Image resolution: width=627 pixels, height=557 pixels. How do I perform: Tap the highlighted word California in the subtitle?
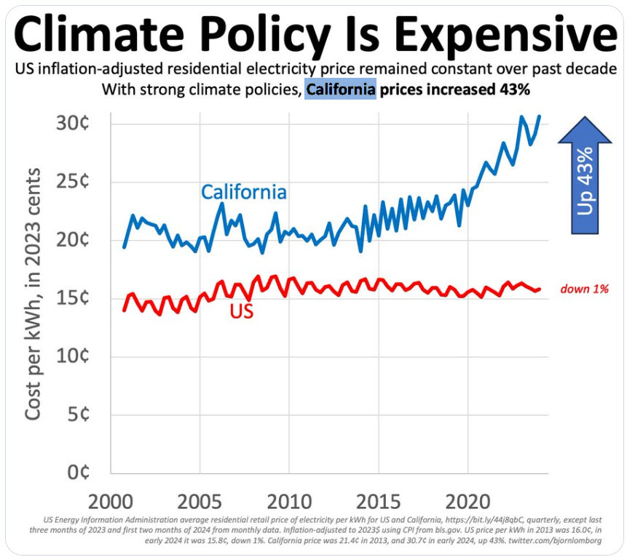341,91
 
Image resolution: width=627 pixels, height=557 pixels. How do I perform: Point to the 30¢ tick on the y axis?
72,123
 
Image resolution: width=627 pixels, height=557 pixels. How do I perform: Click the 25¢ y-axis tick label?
72,181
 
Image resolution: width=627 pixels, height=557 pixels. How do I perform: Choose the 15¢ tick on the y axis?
72,298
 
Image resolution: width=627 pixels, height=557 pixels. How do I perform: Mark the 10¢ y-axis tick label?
72,356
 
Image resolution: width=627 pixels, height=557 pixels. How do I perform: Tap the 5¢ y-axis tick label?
77,414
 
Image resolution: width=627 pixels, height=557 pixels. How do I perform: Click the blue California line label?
243,193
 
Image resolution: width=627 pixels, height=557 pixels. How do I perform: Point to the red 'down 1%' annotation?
584,289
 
